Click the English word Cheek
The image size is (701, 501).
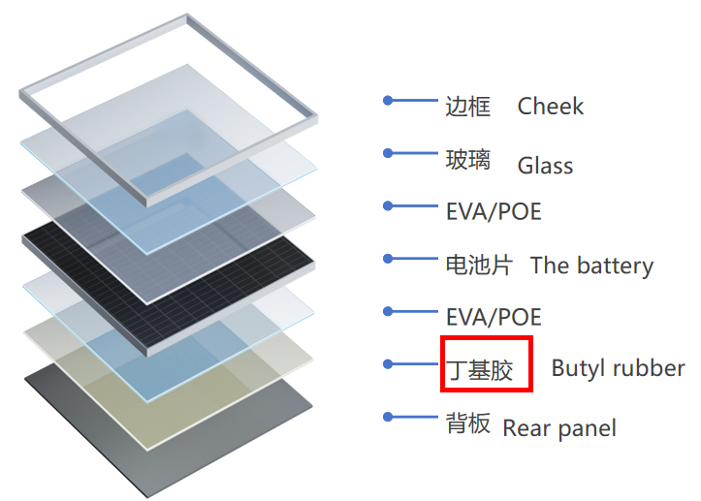pyautogui.click(x=551, y=107)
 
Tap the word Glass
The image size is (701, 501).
pyautogui.click(x=545, y=166)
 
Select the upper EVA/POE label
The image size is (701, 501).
pyautogui.click(x=494, y=211)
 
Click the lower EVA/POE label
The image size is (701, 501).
pyautogui.click(x=494, y=317)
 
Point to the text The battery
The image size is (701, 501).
pyautogui.click(x=591, y=266)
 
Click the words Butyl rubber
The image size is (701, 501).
pyautogui.click(x=618, y=368)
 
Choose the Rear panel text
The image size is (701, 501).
pyautogui.click(x=559, y=428)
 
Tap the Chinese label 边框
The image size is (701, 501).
pyautogui.click(x=468, y=107)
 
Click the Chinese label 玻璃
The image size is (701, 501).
pyautogui.click(x=468, y=160)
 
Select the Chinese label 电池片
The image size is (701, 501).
pyautogui.click(x=479, y=265)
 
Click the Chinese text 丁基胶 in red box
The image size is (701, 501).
pyautogui.click(x=479, y=370)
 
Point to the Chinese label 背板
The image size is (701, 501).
pyautogui.click(x=468, y=423)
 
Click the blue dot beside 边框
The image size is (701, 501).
pyautogui.click(x=388, y=101)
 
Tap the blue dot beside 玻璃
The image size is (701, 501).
pyautogui.click(x=388, y=153)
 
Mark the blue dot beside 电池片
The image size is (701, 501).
pyautogui.click(x=388, y=259)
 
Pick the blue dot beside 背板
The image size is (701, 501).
pyautogui.click(x=388, y=417)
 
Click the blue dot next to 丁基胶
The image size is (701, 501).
pyautogui.click(x=388, y=364)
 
